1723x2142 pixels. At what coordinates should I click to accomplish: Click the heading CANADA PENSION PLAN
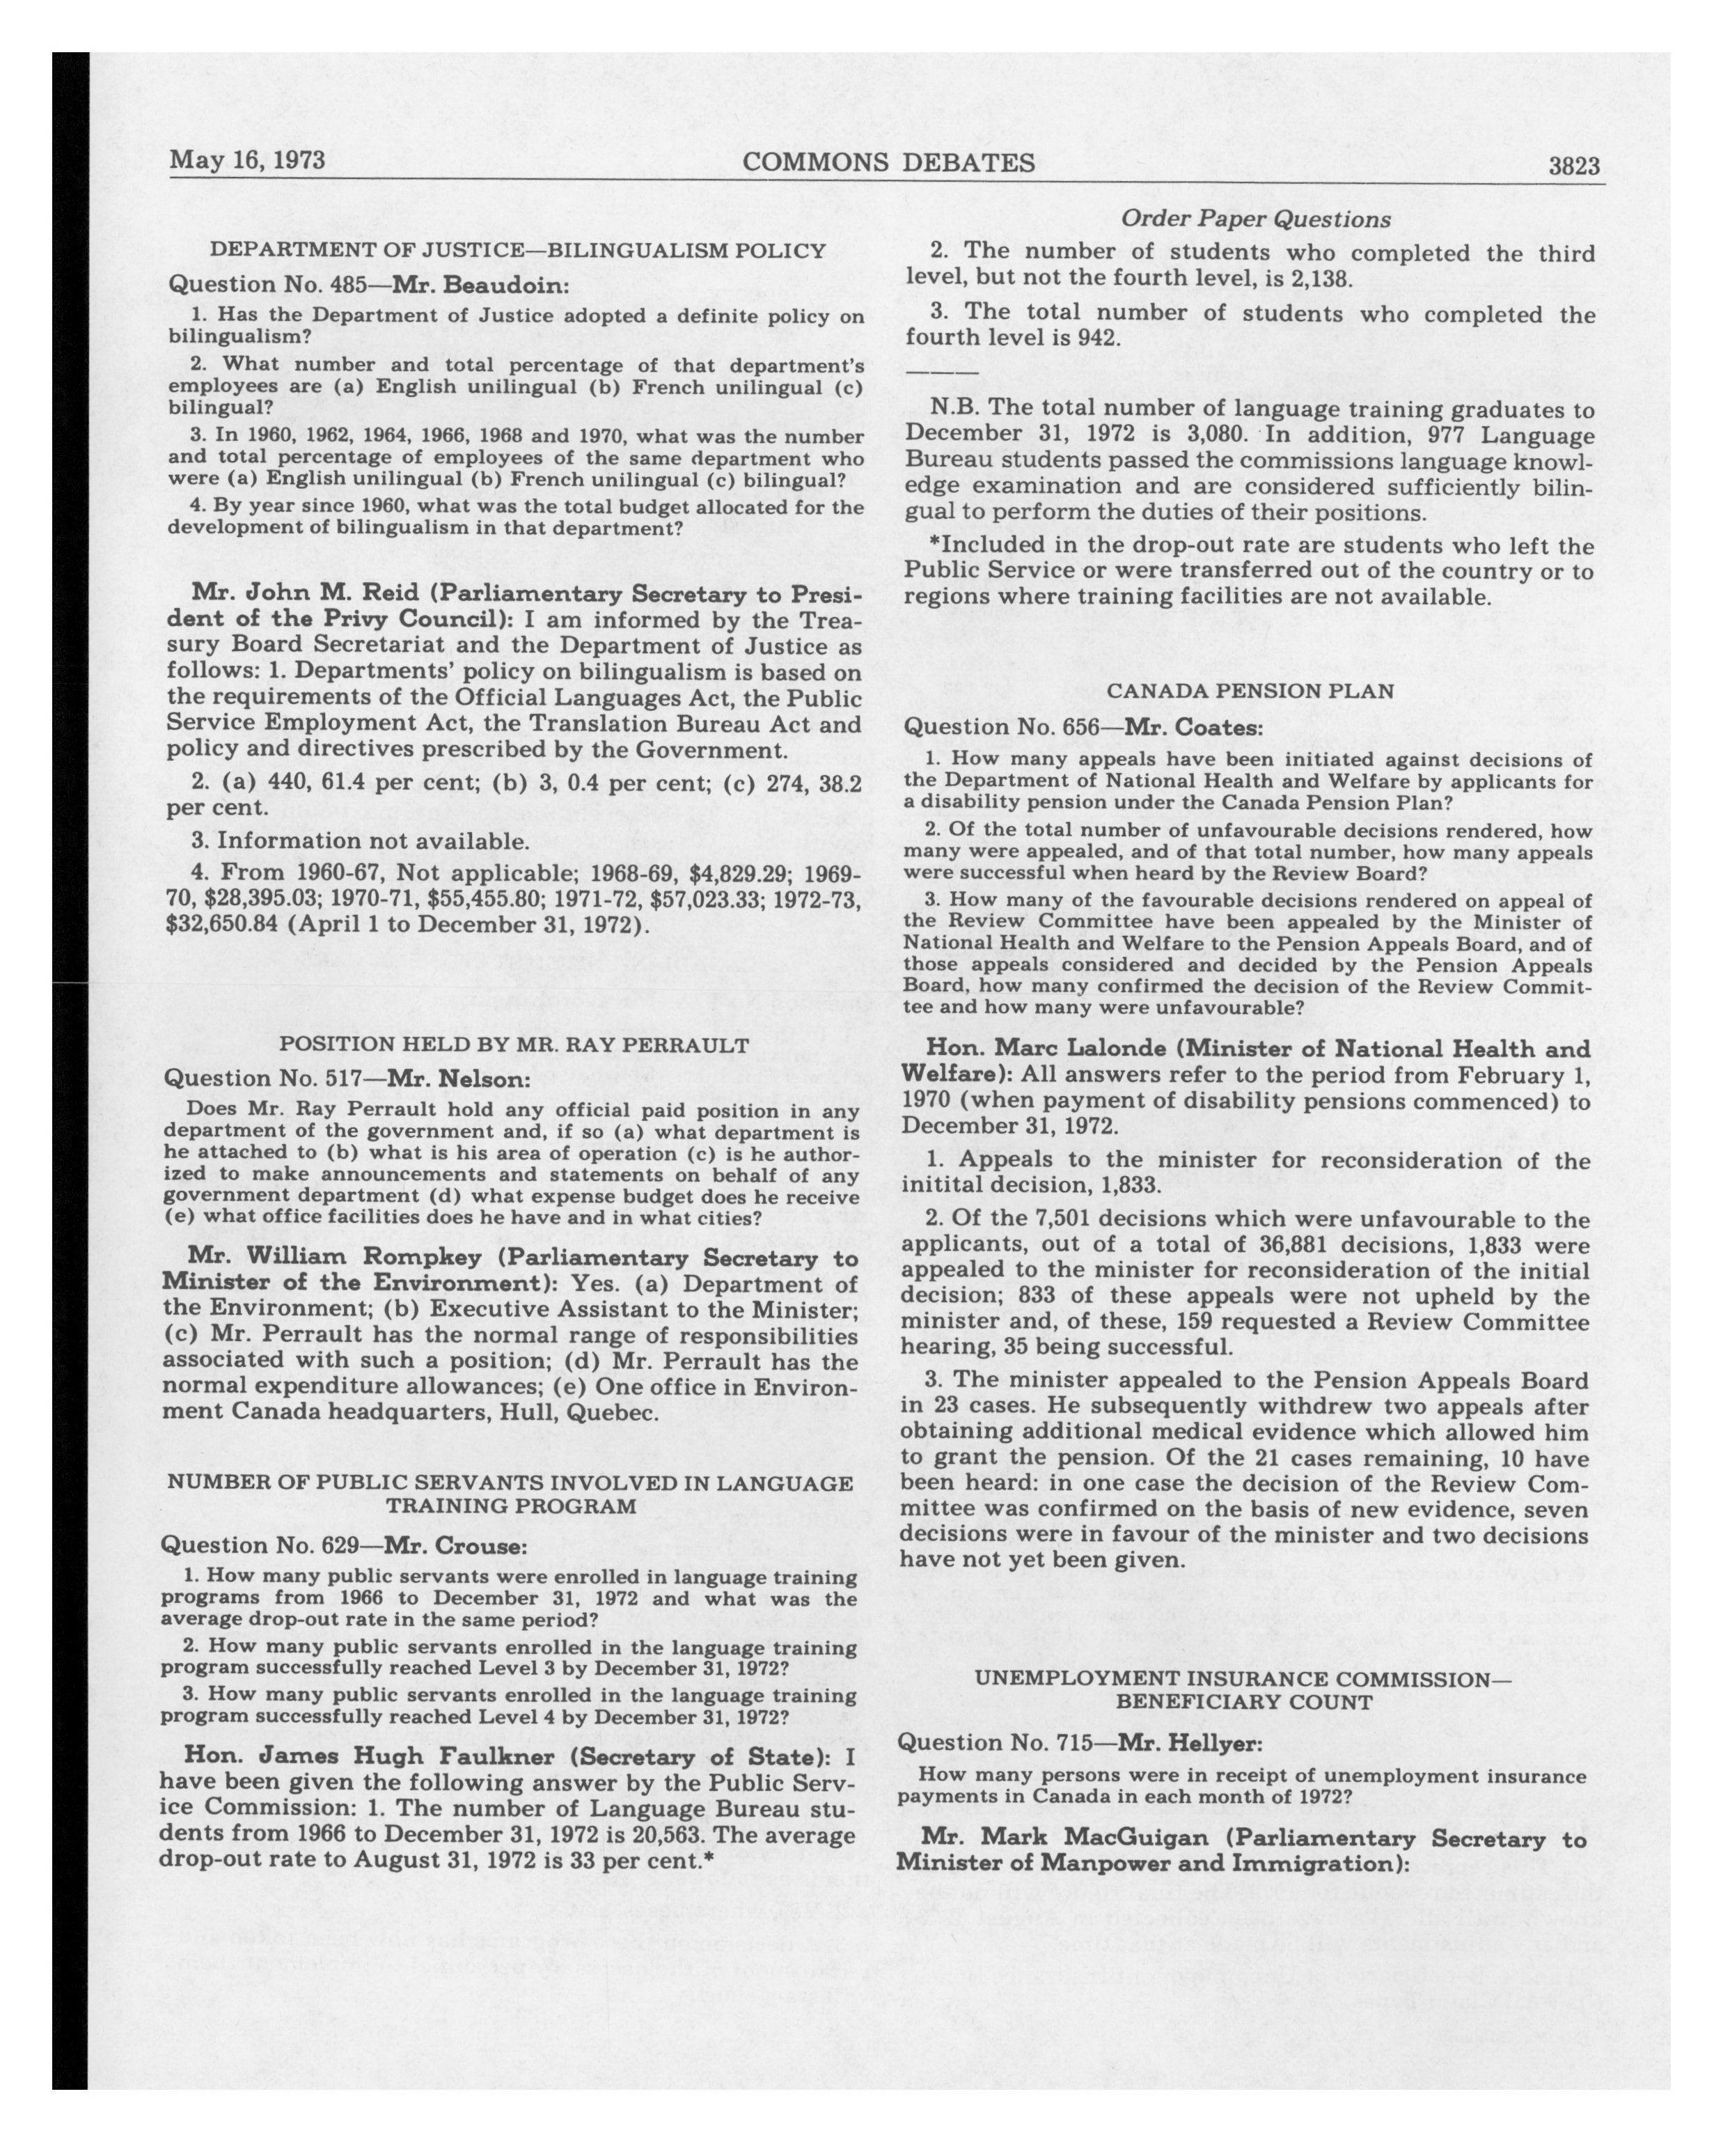(x=1250, y=691)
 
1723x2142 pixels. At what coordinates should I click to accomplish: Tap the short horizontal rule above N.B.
(x=941, y=373)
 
